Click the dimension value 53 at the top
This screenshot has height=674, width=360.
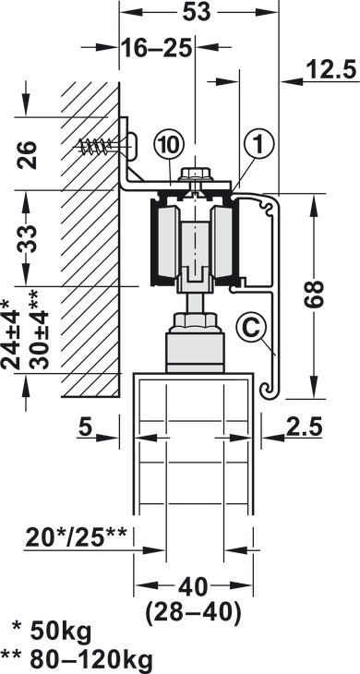coord(196,11)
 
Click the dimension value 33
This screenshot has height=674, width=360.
coord(27,240)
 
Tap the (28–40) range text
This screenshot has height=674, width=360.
coord(194,611)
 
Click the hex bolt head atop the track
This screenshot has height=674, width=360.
coord(196,173)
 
